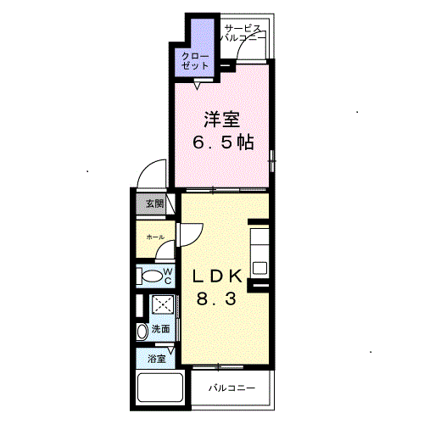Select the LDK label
pyautogui.click(x=216, y=277)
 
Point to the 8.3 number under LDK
pyautogui.click(x=216, y=299)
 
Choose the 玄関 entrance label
pyautogui.click(x=153, y=204)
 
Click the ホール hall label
pyautogui.click(x=155, y=237)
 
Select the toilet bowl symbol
pyautogui.click(x=152, y=276)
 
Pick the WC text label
pyautogui.click(x=168, y=276)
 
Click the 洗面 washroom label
pyautogui.click(x=160, y=329)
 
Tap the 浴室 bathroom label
pyautogui.click(x=155, y=358)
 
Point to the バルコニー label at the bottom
pyautogui.click(x=230, y=388)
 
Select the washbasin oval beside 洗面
pyautogui.click(x=142, y=330)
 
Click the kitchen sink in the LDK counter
pyautogui.click(x=259, y=269)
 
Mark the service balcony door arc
pyautogui.click(x=253, y=49)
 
